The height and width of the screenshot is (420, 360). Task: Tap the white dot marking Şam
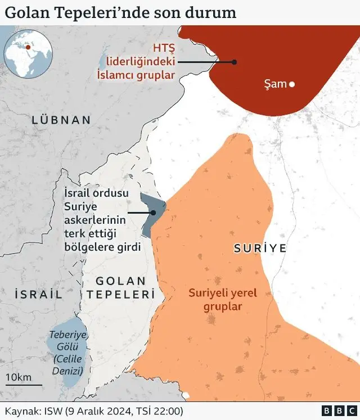[x=292, y=85]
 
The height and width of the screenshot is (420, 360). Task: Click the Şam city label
[x=275, y=85]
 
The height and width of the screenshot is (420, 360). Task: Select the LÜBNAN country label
[x=61, y=120]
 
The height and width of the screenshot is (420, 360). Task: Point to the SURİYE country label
[x=260, y=248]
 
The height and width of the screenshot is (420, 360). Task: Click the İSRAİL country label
[x=38, y=293]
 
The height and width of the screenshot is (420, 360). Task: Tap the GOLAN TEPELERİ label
[x=121, y=287]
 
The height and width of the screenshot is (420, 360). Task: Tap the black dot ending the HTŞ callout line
[x=235, y=62]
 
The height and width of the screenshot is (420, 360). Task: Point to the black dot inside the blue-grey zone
[x=153, y=213]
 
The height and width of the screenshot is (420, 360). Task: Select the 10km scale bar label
[x=19, y=377]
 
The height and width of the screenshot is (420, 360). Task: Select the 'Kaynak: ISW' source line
[x=94, y=410]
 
